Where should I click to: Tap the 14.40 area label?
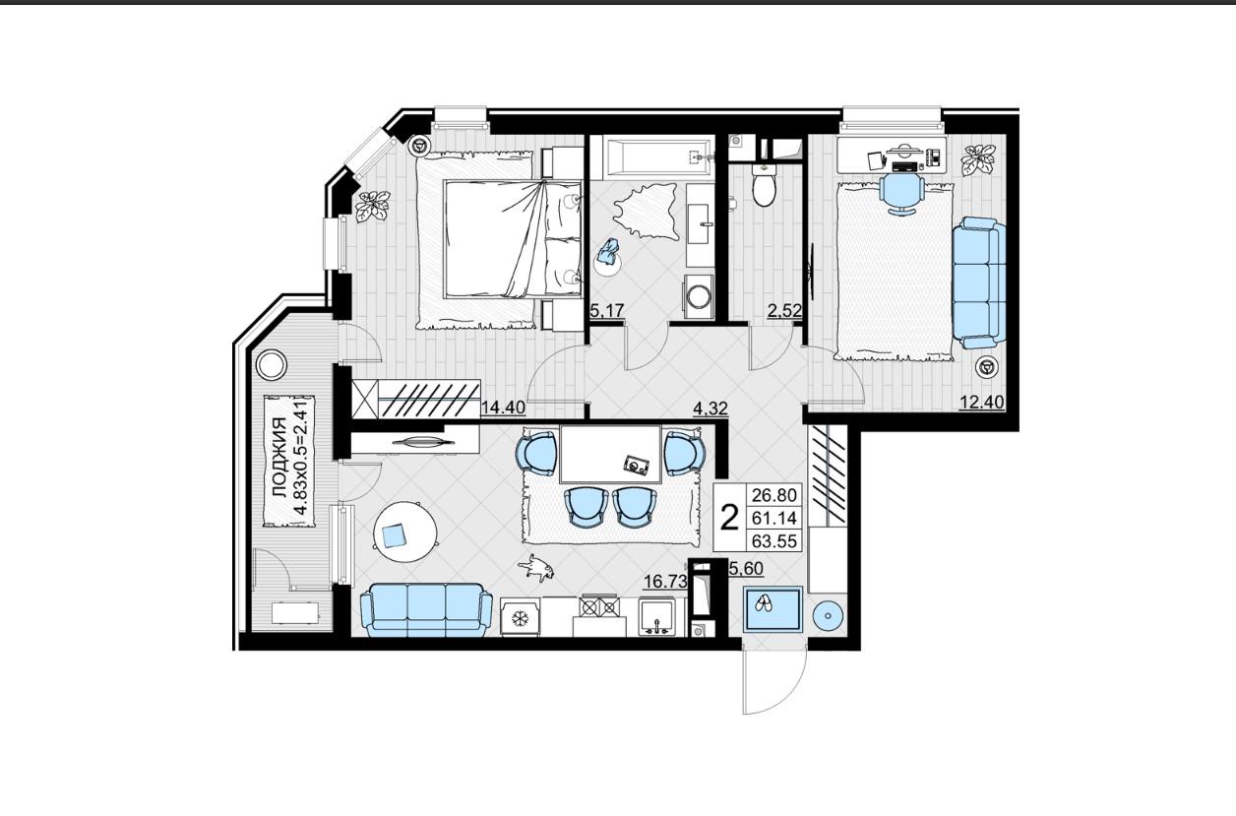coord(503,408)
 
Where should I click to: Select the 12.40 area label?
coord(982,403)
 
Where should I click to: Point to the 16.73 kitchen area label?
coord(666,582)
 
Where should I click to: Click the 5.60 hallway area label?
coord(747,568)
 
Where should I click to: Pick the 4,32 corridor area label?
coord(711,408)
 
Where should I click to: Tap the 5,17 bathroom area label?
coord(607,311)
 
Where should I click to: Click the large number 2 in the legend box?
coord(729,519)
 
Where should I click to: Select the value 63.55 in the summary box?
coord(774,541)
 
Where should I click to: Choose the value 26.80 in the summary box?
coord(774,495)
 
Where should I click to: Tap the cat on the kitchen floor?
coord(535,568)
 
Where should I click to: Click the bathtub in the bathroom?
coord(658,157)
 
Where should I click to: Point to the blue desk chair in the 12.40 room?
coord(901,193)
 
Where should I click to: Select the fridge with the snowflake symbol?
coord(520,618)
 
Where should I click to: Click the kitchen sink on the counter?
coord(657,617)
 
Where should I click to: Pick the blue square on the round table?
coord(394,535)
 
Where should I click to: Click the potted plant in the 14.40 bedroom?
coord(372,206)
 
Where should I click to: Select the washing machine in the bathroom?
coord(698,296)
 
